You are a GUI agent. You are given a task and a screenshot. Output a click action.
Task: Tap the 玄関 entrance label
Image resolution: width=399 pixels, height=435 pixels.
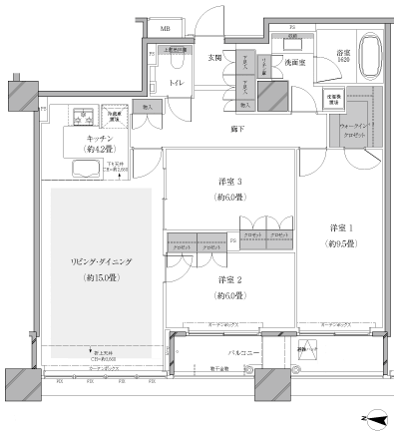[x=213, y=57]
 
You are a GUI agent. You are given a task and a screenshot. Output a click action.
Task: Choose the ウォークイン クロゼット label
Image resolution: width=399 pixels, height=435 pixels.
[x=350, y=131]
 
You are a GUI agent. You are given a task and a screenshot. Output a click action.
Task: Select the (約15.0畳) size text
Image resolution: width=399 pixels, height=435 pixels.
[x=101, y=276]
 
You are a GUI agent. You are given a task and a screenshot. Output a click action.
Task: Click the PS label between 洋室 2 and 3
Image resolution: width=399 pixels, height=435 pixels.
[x=232, y=239]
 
